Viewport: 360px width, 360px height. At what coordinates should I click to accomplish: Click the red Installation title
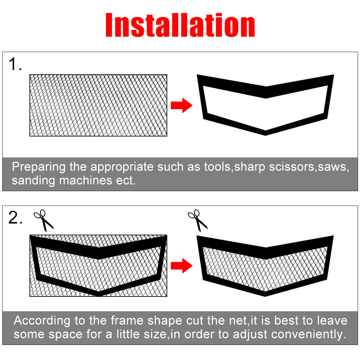[180, 25]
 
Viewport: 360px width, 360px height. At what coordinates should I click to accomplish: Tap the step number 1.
[15, 64]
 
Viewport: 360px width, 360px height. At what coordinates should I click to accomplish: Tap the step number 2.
[15, 217]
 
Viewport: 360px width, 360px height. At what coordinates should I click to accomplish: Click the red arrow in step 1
[182, 105]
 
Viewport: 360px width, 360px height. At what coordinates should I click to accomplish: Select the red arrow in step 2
[182, 266]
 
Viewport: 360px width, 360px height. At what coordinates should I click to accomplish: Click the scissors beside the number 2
[44, 220]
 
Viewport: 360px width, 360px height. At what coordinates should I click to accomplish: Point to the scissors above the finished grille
[198, 220]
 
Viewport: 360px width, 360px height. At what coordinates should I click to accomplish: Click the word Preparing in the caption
[39, 167]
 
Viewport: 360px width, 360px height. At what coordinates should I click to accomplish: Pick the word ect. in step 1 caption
[126, 181]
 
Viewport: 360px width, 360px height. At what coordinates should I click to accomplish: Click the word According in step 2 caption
[42, 321]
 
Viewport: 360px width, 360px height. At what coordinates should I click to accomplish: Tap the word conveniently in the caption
[309, 334]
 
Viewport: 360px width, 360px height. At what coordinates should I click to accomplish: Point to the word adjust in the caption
[250, 334]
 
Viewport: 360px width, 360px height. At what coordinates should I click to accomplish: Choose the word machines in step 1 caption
[86, 180]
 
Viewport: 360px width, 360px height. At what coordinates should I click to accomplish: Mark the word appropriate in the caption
[122, 167]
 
